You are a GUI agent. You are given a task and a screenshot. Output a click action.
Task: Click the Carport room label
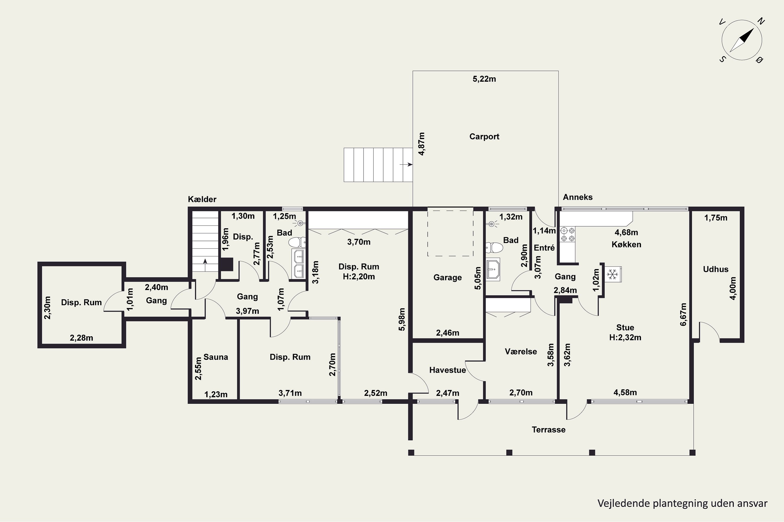coord(484,137)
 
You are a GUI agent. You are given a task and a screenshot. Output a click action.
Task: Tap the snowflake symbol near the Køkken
coord(612,274)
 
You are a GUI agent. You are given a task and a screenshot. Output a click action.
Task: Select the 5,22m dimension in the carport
coord(484,79)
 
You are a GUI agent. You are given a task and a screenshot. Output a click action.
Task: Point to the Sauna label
coord(216,357)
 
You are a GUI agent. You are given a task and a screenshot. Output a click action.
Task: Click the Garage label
coord(447,277)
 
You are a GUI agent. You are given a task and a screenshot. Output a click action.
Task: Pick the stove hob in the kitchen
coord(567,234)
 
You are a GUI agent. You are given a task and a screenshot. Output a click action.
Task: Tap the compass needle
coord(742,40)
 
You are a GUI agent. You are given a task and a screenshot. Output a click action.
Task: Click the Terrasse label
coord(548,429)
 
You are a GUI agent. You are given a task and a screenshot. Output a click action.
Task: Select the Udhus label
coord(716,269)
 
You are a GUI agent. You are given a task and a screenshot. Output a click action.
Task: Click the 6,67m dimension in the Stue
coord(683,314)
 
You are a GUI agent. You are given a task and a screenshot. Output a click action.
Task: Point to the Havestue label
coord(447,370)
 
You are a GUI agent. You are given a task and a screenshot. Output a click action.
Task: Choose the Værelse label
coord(521,352)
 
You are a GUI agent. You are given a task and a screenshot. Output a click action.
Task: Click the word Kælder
coord(202,199)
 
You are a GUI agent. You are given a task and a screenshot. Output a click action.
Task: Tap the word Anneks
coord(578,197)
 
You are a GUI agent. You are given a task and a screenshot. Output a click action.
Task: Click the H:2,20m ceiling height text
coord(359,277)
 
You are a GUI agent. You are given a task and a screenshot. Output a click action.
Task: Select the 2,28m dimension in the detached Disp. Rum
coord(81,338)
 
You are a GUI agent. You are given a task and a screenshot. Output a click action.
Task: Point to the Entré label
coord(544,248)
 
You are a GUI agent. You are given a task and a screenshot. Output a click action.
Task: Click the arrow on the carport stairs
coord(406,164)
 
